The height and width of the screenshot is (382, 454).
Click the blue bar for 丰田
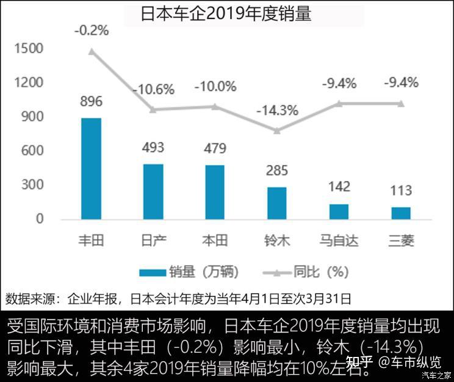click(x=91, y=168)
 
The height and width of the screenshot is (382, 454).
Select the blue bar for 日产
click(x=153, y=191)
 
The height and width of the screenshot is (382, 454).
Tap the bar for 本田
click(x=215, y=192)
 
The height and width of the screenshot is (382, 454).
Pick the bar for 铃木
click(x=276, y=203)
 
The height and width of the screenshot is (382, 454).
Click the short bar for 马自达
click(x=339, y=211)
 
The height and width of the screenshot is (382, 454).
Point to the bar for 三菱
click(x=401, y=213)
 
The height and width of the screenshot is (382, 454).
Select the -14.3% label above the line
click(x=277, y=111)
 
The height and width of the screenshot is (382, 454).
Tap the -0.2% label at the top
click(x=91, y=29)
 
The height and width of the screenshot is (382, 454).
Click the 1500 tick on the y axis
click(x=31, y=49)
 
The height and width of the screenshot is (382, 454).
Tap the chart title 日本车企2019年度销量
click(x=226, y=14)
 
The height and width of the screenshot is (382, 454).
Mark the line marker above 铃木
click(x=277, y=130)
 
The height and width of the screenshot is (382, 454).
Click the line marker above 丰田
click(x=91, y=51)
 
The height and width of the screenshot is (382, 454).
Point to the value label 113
click(x=401, y=190)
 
